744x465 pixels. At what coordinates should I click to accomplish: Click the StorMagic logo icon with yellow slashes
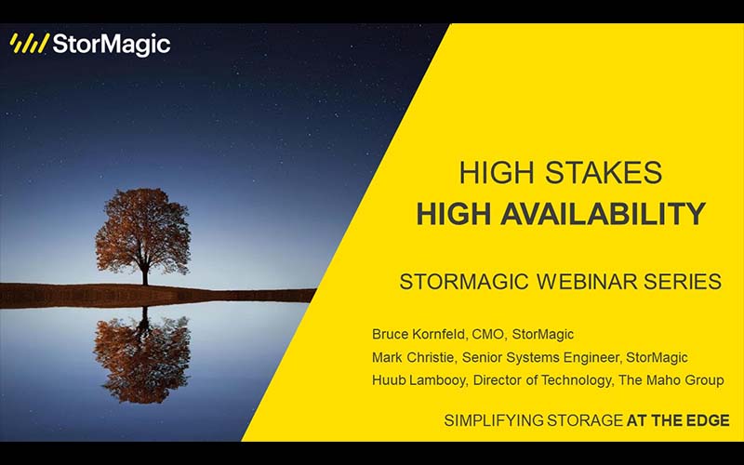tap(29, 44)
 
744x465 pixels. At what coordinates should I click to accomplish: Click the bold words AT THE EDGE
tap(678, 420)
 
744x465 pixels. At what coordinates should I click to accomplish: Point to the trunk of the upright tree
tap(144, 273)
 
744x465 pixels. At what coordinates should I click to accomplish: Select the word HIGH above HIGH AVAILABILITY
tap(498, 173)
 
